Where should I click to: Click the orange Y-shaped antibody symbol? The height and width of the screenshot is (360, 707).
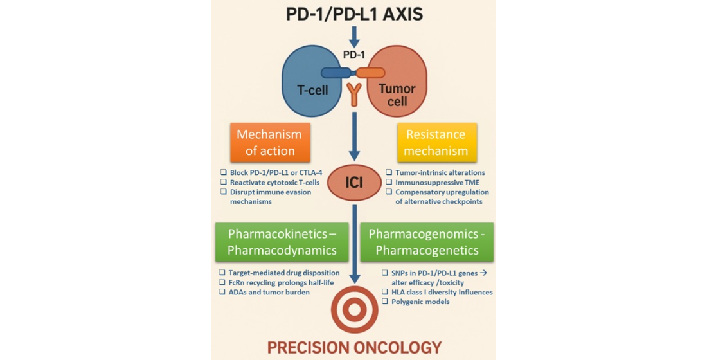[x=353, y=94]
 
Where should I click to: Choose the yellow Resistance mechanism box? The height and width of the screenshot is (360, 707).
[x=436, y=143]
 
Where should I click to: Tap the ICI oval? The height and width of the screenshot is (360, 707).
[x=353, y=183]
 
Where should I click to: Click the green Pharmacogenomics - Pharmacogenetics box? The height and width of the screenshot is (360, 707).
[x=427, y=241]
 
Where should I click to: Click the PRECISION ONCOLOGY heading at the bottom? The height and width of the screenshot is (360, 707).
[x=353, y=348]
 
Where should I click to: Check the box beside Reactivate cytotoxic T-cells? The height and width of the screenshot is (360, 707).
[x=223, y=183]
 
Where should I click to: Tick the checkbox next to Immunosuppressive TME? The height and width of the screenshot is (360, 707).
[x=389, y=183]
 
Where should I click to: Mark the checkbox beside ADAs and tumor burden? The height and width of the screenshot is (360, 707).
[x=223, y=292]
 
